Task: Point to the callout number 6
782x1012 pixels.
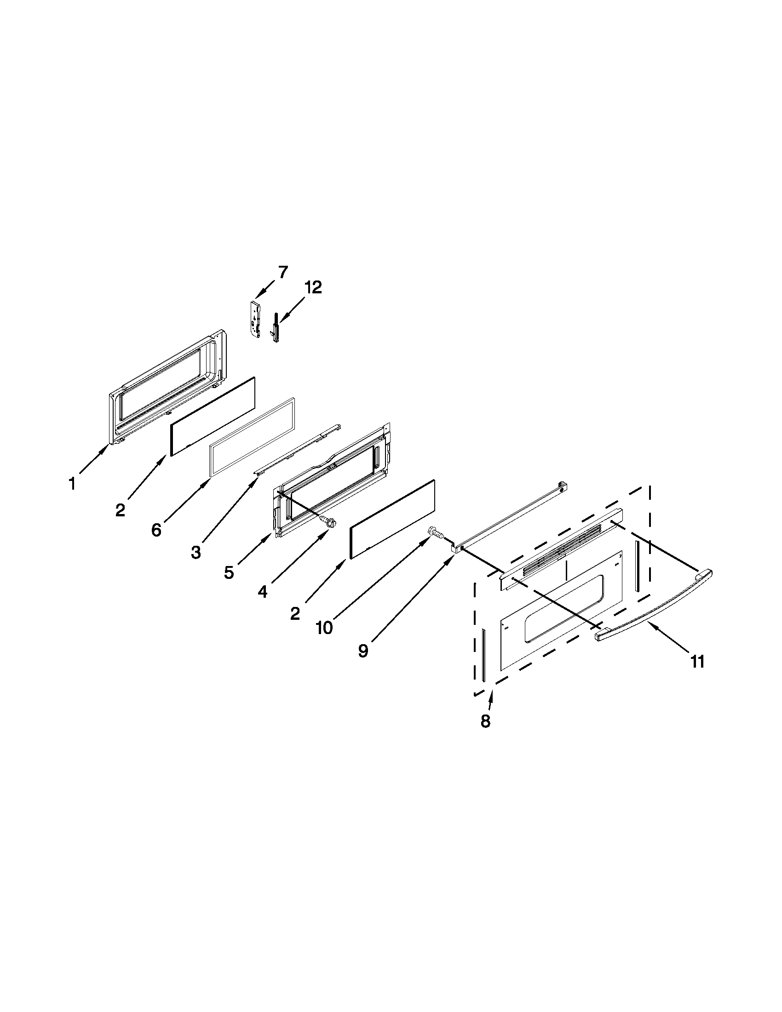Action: (x=156, y=530)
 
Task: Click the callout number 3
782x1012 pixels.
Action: (x=195, y=552)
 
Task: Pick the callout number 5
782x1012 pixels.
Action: (x=229, y=573)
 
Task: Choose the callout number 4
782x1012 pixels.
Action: (x=263, y=592)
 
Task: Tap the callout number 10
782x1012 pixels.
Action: (x=324, y=628)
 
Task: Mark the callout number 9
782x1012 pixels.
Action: (x=363, y=651)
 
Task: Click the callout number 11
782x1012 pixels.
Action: (x=698, y=662)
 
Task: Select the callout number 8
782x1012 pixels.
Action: (x=485, y=721)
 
